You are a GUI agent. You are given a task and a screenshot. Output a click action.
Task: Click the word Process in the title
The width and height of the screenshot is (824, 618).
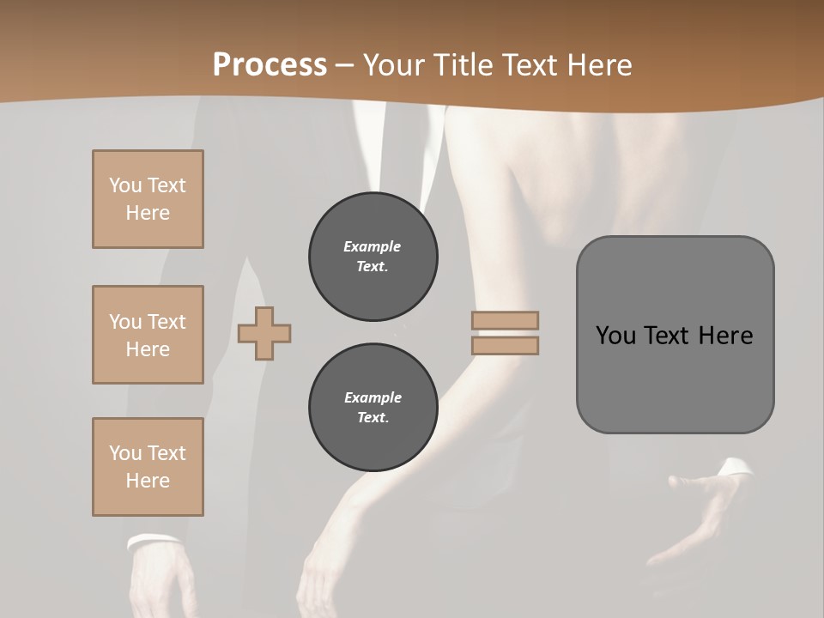point(270,65)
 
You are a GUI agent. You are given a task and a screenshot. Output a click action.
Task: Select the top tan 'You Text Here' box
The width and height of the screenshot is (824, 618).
point(148,199)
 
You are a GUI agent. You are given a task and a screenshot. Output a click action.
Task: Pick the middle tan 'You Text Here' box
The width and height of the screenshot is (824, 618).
point(148,335)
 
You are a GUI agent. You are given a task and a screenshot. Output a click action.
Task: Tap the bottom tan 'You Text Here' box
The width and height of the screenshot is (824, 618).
point(148,467)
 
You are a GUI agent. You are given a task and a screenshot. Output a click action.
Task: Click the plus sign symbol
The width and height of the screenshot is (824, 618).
point(264,333)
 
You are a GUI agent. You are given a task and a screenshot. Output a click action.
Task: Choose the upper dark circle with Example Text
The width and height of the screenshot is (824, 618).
point(373,257)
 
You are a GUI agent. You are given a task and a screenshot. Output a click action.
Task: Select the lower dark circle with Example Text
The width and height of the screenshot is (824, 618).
point(373,408)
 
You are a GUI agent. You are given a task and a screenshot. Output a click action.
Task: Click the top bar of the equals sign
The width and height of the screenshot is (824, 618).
point(505,320)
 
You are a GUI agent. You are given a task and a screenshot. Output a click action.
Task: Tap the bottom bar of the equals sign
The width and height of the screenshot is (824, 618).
point(505,345)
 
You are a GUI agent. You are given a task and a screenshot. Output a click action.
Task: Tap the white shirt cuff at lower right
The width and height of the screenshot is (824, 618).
point(735,468)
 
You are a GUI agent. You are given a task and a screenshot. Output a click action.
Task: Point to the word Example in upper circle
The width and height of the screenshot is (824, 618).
point(373,246)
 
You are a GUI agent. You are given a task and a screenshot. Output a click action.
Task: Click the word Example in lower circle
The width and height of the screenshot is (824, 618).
point(373,397)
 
